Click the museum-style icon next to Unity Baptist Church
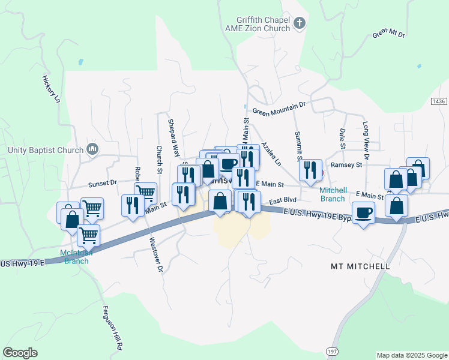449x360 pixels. coord(92,149)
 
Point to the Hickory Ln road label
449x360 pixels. coord(52,89)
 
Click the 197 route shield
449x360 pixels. coord(332,350)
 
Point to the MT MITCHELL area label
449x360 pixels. coord(360,266)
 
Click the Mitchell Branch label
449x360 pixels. coord(332,194)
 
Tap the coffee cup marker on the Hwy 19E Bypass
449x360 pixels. coord(363,213)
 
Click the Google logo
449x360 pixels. coord(20,353)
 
